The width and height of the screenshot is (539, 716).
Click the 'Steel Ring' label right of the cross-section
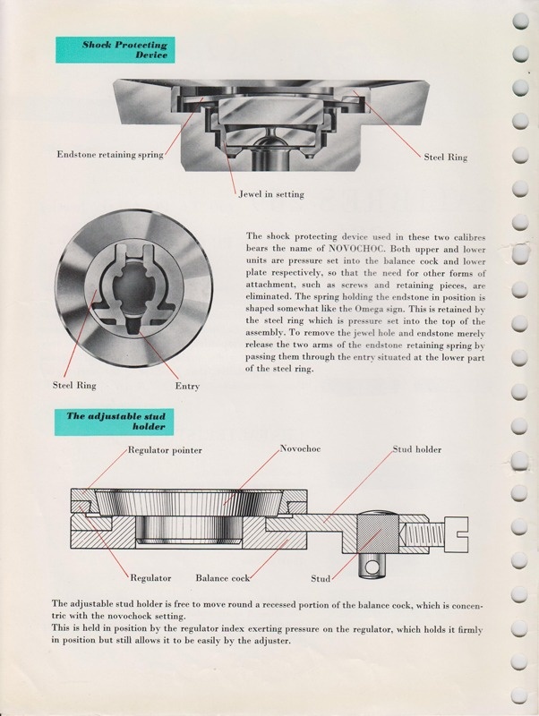pos(446,158)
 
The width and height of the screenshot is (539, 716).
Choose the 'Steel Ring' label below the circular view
pos(73,387)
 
